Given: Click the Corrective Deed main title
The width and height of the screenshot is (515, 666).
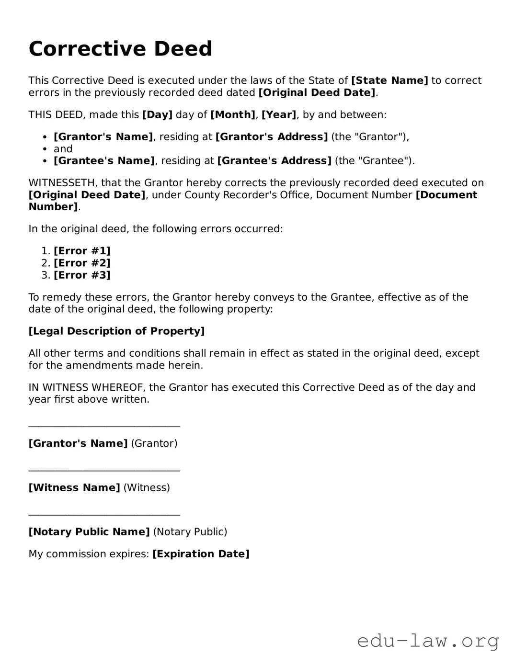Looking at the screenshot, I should [120, 49].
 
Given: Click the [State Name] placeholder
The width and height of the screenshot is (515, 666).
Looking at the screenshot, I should [389, 80].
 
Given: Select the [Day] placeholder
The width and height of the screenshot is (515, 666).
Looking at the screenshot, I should [157, 115].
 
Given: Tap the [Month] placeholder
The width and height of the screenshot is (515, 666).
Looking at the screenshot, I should [232, 115].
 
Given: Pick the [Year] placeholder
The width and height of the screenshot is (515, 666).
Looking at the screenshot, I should [279, 115].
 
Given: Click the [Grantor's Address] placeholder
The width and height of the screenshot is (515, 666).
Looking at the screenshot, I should [272, 137].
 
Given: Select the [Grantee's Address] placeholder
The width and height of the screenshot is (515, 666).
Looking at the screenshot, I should [274, 161].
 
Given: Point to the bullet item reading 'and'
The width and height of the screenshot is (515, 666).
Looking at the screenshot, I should [63, 149].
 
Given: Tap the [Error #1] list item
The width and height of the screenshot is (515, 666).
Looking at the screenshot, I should [82, 251].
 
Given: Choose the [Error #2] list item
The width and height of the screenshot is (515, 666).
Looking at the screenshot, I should [82, 263].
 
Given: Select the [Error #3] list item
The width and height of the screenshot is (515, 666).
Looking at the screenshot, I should [82, 275].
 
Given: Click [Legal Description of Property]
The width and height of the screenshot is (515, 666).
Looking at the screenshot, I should [116, 331].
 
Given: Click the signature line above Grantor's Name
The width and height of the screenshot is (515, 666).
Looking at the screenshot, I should [104, 426].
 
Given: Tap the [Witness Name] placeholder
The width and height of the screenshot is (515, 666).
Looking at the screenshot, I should [74, 488].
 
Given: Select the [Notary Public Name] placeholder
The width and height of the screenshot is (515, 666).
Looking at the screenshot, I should [89, 532].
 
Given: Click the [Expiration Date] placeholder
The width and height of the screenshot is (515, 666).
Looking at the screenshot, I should [201, 554].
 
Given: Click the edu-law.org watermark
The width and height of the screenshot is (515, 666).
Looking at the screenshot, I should [428, 641].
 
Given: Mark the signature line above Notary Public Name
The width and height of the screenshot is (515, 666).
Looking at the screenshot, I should [104, 514].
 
